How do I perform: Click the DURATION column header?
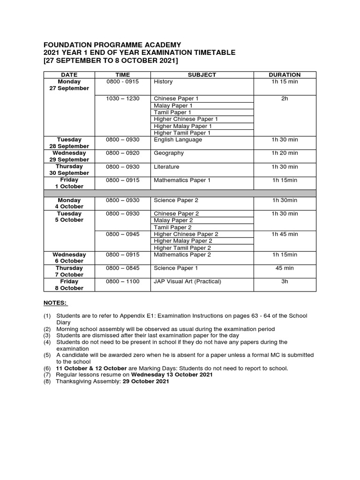coord(285,75)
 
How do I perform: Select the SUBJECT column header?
coord(202,75)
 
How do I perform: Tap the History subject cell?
coord(163,82)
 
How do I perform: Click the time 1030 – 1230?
coord(122,98)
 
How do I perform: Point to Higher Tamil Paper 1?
coord(182,133)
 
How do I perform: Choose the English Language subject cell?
coord(178,140)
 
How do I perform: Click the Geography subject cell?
coord(169,153)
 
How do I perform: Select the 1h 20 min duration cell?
coord(285,153)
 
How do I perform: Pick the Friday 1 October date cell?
coord(69,183)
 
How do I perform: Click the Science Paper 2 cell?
coord(176,200)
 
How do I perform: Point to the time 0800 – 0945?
coord(122,234)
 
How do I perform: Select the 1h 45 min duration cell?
coord(285,234)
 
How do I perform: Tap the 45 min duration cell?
coord(285,268)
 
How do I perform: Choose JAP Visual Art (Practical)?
coord(187,281)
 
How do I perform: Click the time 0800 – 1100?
coord(122,281)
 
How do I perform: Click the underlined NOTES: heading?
coord(55,303)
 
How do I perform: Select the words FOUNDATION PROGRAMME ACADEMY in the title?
coord(112,45)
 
